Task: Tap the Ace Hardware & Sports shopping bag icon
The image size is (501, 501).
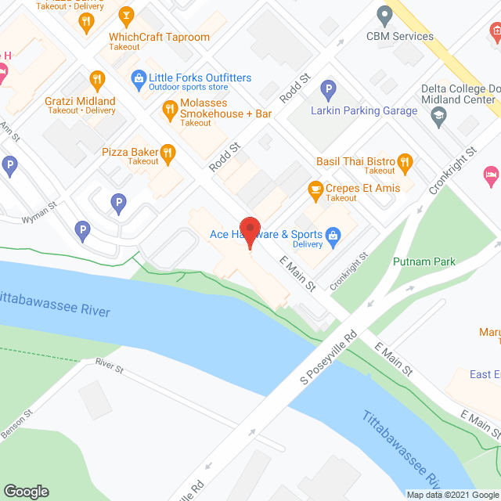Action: click(332, 234)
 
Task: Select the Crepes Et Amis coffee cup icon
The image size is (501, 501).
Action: click(315, 189)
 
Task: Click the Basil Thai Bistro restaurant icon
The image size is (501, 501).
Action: click(404, 162)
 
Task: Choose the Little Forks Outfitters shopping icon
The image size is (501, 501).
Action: click(139, 77)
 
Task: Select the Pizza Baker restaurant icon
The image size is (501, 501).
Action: click(167, 152)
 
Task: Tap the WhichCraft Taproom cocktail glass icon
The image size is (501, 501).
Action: click(125, 14)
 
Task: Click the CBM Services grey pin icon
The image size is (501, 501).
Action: click(384, 14)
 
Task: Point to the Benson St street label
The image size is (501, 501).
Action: click(16, 424)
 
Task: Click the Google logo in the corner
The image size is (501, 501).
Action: click(25, 491)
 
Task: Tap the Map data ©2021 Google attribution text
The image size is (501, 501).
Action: click(452, 495)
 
